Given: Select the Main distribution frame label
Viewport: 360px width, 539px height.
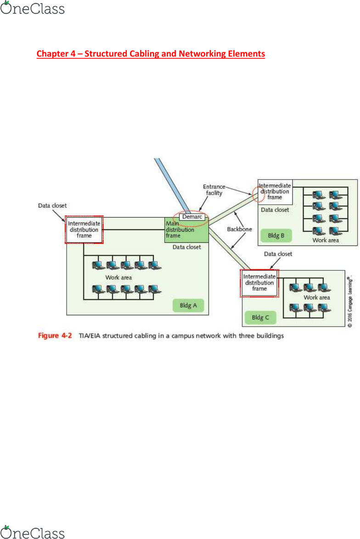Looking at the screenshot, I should coord(176,230).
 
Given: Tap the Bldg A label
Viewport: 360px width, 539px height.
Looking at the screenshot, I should coord(188,305).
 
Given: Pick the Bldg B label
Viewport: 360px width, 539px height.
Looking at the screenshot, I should coord(276,236).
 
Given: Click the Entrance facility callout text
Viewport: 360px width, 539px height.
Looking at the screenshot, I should coord(214,190).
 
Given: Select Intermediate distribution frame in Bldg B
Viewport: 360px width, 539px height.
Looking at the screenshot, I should coord(275,191).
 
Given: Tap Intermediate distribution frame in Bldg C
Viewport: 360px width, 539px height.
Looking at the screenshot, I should coord(259,283).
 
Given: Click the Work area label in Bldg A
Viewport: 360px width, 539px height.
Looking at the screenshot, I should coord(118,278).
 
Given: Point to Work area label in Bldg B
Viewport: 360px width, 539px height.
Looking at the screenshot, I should coord(326,240).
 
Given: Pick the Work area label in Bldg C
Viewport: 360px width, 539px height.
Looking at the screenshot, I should coord(317,298).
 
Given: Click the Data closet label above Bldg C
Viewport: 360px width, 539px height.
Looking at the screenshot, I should coord(278,254).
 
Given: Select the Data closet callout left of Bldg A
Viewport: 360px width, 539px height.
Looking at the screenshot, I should coord(52,206).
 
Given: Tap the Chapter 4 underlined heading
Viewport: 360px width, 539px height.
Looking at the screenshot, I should coord(151,54).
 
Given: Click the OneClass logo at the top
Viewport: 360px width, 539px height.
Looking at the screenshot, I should coord(33,8).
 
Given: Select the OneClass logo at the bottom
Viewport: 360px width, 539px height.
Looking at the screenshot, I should coord(33,532).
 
